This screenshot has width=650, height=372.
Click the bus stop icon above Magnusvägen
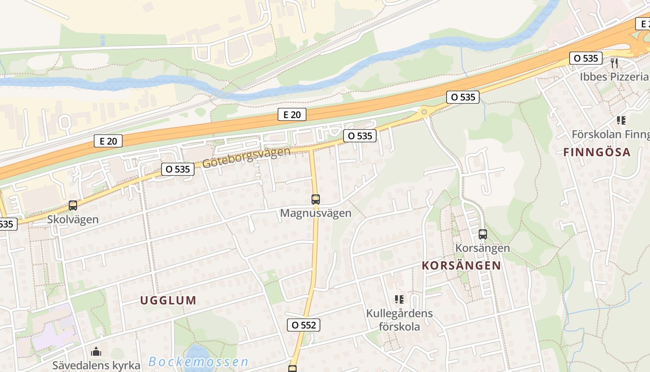316,199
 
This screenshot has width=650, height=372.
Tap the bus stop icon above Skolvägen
73,205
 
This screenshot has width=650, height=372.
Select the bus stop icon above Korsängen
483,234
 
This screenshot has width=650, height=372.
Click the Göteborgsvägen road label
246,158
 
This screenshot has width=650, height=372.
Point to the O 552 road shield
304,325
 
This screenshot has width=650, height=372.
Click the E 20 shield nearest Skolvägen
108,141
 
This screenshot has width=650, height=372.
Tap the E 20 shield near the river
292,114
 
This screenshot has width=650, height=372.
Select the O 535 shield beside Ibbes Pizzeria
585,58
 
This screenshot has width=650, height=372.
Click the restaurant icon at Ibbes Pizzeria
614,63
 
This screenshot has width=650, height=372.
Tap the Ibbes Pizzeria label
614,77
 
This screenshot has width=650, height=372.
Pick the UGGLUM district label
169,300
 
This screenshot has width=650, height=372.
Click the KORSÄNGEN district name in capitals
461,266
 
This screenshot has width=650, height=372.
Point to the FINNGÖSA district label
597,152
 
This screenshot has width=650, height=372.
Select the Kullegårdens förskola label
399,320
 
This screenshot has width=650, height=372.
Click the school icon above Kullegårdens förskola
399,299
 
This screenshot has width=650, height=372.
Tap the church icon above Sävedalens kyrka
96,352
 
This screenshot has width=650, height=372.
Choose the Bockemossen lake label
199,362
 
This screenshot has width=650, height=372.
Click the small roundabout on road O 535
423,112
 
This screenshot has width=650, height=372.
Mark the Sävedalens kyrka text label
96,365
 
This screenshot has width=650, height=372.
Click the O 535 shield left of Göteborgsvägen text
178,169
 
